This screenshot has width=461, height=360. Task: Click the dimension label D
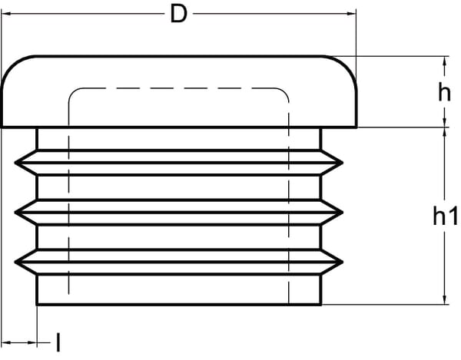(x=178, y=15)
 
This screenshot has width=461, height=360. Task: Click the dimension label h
(x=443, y=93)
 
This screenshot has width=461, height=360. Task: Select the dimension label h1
(x=445, y=217)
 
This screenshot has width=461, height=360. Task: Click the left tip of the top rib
(x=16, y=162)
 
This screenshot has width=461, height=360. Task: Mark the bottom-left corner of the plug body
(x=38, y=305)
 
